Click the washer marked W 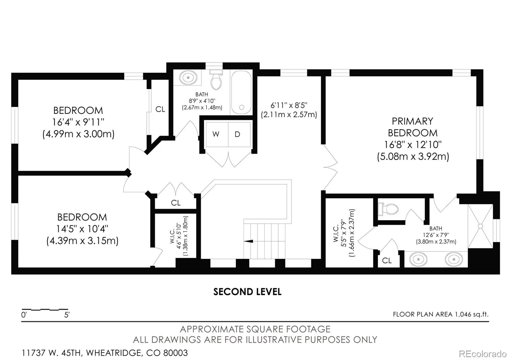click(x=217, y=134)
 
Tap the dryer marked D click(x=239, y=134)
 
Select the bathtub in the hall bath click(x=241, y=92)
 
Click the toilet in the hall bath click(x=216, y=80)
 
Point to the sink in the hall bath click(x=188, y=78)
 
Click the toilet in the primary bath click(x=389, y=209)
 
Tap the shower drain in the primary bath click(x=480, y=226)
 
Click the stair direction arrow click(x=248, y=241)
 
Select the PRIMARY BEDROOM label click(x=412, y=127)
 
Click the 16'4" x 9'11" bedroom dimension click(x=78, y=122)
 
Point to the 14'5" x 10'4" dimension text click(x=82, y=229)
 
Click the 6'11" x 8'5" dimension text click(x=289, y=105)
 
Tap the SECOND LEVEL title click(x=247, y=292)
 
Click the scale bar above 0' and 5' click(x=45, y=309)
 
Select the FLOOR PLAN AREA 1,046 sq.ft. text click(x=441, y=314)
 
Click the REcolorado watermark click(x=483, y=354)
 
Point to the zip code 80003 click(x=176, y=353)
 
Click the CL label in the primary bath click(x=387, y=260)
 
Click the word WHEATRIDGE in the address click(x=114, y=353)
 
